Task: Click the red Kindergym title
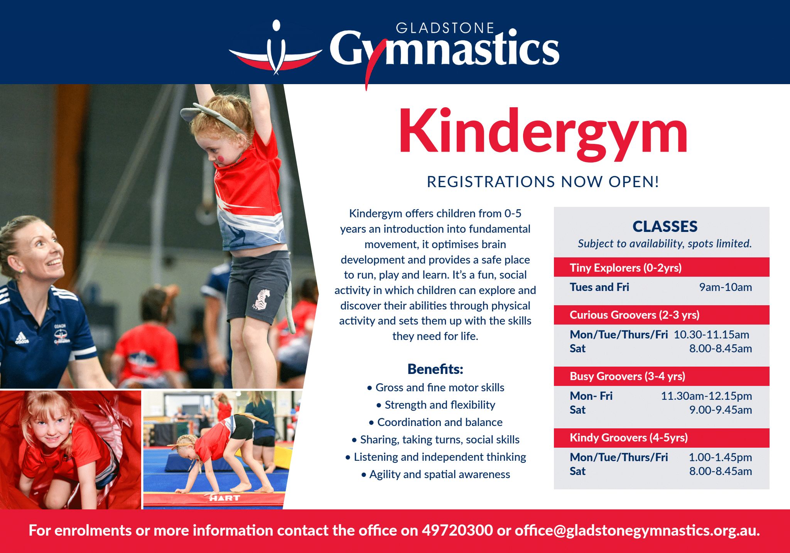point(543,133)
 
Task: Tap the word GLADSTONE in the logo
point(445,28)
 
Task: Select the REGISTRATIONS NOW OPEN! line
point(543,182)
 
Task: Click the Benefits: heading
point(435,369)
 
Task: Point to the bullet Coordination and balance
point(436,422)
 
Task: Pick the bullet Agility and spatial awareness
point(436,474)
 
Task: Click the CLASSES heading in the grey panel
point(665,227)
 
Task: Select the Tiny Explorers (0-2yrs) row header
point(626,268)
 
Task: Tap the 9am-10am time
point(726,287)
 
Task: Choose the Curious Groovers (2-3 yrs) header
point(635,315)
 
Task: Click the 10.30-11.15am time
point(711,335)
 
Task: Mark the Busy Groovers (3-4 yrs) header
point(628,376)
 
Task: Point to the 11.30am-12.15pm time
point(707,396)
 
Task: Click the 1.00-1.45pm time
point(721,457)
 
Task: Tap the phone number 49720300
point(457,530)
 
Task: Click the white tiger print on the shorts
point(262,299)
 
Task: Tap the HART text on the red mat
point(225,498)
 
